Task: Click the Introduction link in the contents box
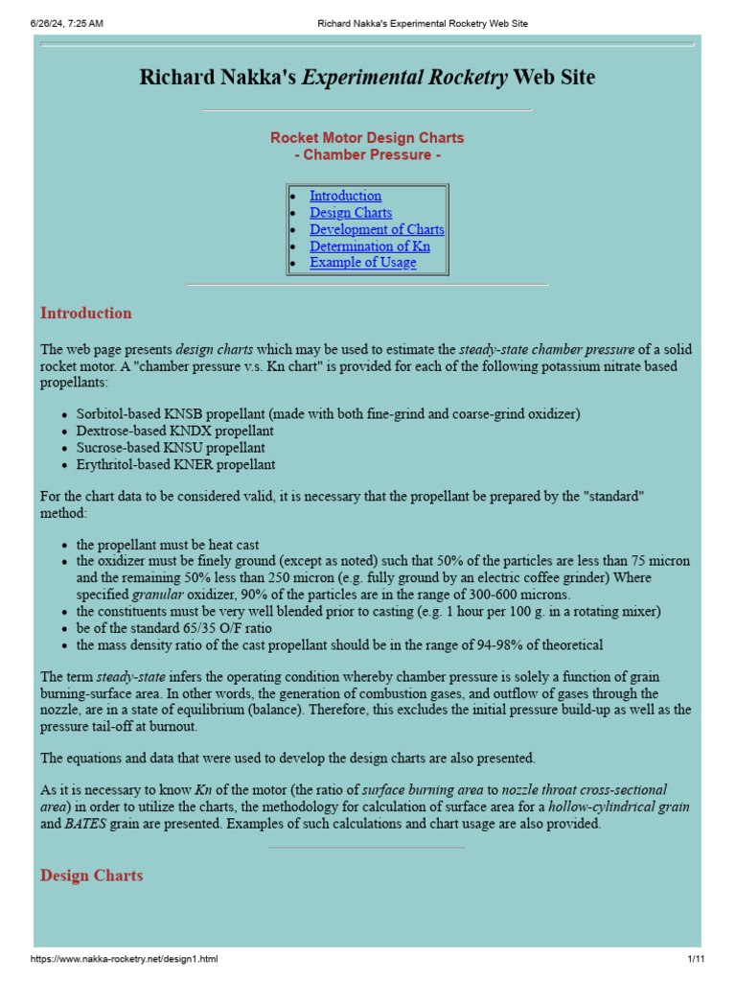(x=345, y=196)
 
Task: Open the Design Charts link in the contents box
(x=350, y=213)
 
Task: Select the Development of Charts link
(x=377, y=229)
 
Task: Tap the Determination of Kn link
(x=369, y=246)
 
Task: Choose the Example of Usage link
(x=362, y=263)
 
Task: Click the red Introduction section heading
(x=86, y=313)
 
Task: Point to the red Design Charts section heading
(x=91, y=876)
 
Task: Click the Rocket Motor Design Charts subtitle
(x=367, y=138)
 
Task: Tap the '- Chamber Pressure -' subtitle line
(x=367, y=154)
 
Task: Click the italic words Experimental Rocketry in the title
(x=405, y=78)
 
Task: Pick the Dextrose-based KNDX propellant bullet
(x=174, y=431)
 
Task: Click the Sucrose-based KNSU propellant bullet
(x=171, y=448)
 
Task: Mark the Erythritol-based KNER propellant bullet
(x=175, y=464)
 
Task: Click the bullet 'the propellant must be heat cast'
(x=168, y=544)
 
